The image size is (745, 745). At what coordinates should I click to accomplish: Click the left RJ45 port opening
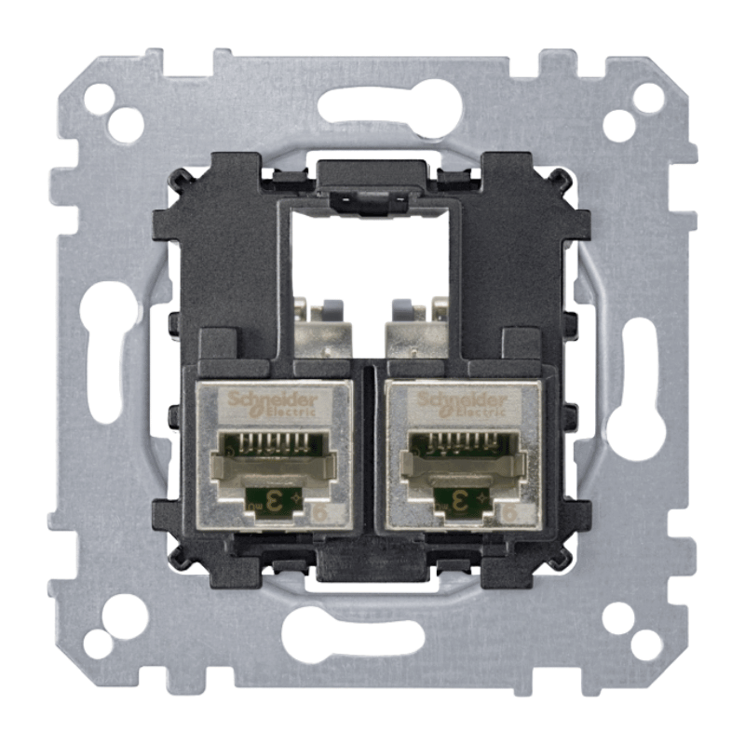pos(269,461)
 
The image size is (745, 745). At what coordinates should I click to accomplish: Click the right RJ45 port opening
pos(461,461)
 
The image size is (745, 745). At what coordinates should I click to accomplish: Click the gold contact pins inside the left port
pos(269,440)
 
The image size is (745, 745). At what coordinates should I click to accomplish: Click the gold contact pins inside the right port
pos(461,440)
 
